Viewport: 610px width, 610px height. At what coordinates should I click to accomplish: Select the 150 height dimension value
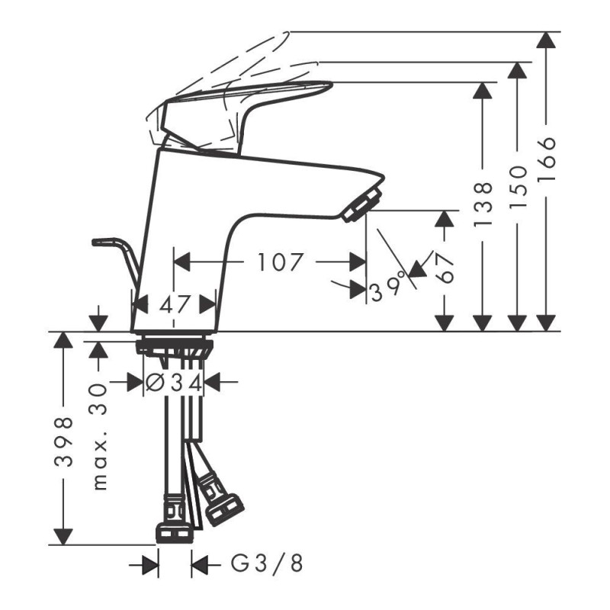(518, 188)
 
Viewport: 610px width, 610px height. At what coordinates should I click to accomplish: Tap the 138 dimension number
(483, 204)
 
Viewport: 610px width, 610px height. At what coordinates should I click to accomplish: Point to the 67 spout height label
(445, 269)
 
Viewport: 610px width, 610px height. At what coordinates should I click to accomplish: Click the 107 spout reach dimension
(280, 262)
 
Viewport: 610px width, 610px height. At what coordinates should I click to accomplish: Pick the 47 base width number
(174, 304)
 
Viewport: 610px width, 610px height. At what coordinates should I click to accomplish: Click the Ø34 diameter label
(174, 384)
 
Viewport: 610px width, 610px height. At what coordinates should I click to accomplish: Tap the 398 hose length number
(63, 441)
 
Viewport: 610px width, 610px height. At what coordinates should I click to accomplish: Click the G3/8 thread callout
(267, 563)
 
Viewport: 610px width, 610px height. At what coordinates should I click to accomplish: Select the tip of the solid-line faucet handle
(332, 83)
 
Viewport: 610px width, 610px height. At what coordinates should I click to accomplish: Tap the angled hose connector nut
(224, 509)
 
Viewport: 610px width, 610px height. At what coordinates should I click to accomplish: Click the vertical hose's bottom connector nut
(175, 532)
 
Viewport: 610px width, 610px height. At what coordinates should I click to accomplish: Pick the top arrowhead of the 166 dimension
(546, 40)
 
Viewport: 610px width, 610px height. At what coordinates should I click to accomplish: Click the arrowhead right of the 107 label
(358, 262)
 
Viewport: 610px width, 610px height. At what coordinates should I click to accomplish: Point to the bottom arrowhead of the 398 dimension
(63, 537)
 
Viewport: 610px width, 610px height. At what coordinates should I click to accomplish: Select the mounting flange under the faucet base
(175, 346)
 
